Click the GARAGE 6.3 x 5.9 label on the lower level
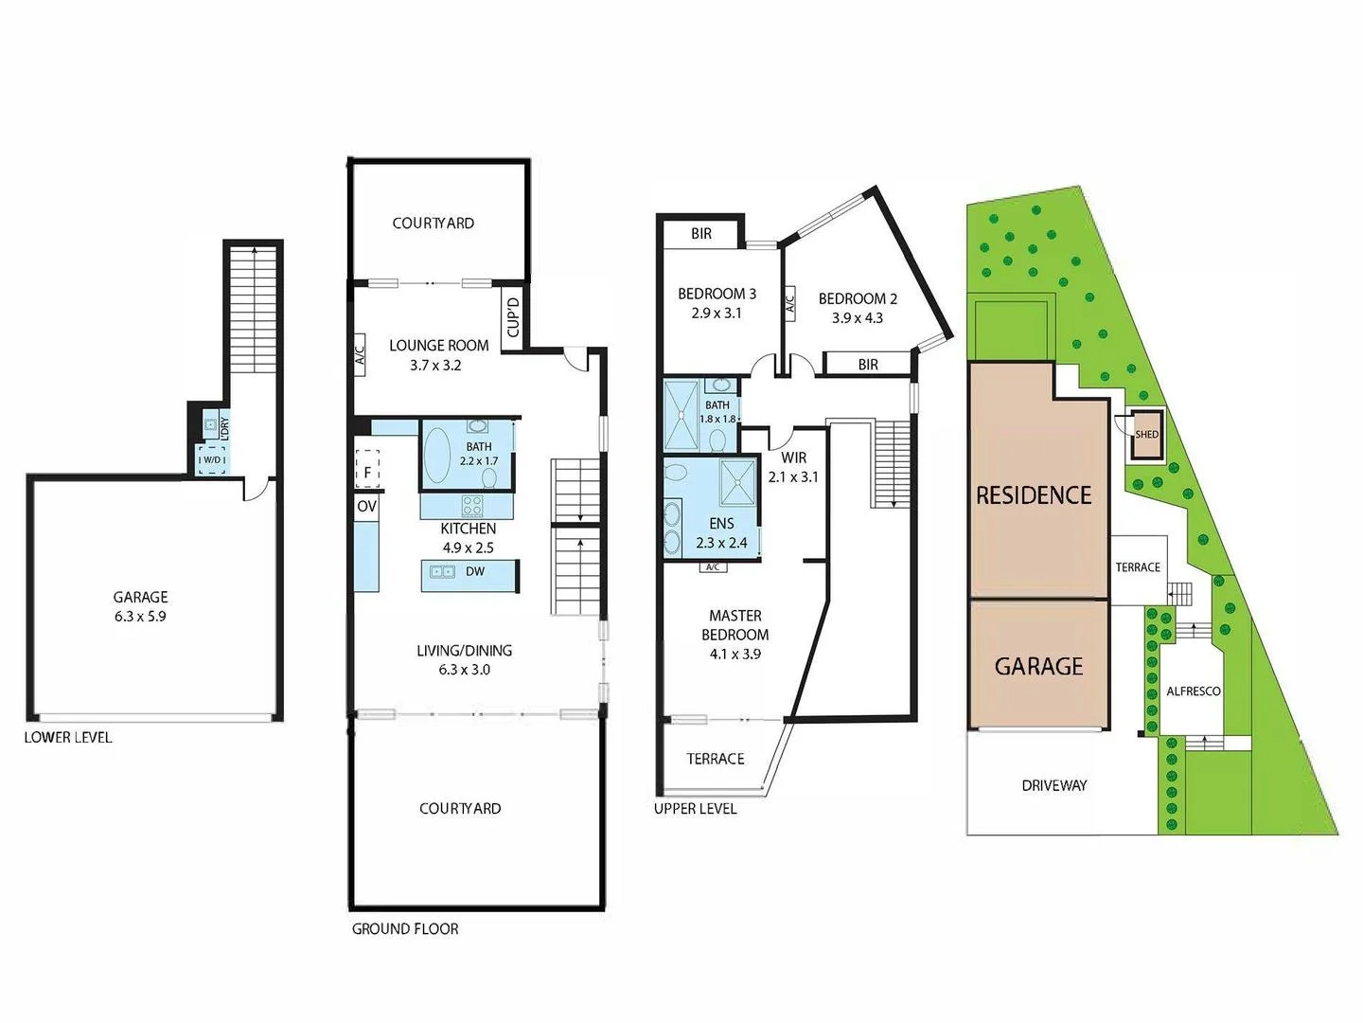(140, 606)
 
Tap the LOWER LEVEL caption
(67, 737)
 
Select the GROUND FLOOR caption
(405, 929)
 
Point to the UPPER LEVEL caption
(695, 808)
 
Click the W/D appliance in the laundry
(211, 460)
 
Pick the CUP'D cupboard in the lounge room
(513, 318)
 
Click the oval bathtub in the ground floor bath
(437, 458)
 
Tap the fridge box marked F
(367, 471)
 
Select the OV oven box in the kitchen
(367, 507)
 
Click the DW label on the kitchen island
(475, 571)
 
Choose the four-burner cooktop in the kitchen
(471, 506)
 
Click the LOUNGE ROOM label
(439, 346)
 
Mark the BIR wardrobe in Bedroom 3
(701, 233)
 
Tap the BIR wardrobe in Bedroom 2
(868, 364)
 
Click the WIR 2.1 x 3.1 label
(793, 467)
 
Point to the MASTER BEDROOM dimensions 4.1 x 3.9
(735, 654)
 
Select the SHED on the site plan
(1146, 435)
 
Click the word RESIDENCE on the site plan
(1034, 495)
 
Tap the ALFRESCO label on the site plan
(1193, 691)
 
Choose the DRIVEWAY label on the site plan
(1054, 785)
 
